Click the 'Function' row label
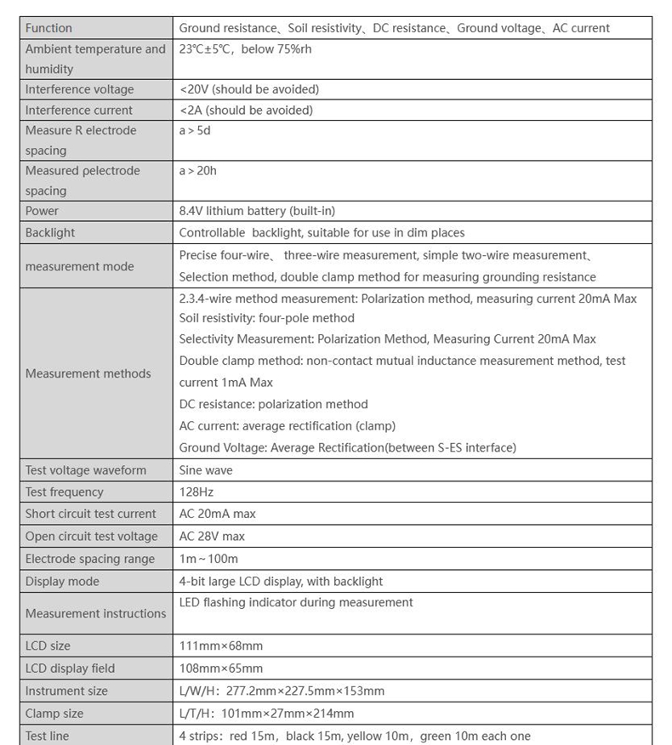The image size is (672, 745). [48, 28]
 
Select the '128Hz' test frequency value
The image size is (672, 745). [196, 492]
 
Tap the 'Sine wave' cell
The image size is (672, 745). [206, 470]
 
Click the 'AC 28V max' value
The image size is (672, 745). [212, 537]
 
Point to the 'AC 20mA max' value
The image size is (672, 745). [217, 514]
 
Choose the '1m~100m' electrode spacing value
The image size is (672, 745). [208, 559]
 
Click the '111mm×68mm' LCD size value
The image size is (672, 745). [221, 646]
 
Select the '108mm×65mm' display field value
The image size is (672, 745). [221, 668]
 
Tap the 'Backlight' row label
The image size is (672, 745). [50, 232]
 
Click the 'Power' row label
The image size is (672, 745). [42, 211]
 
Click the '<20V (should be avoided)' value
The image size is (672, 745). [249, 89]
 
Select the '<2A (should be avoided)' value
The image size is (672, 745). [246, 110]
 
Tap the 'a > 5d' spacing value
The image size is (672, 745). [195, 130]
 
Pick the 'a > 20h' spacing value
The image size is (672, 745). [198, 171]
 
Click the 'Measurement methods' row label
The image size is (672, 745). [88, 373]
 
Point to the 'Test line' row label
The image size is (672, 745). [48, 736]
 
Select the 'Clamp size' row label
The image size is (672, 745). [54, 714]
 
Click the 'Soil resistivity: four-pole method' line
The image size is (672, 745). [267, 318]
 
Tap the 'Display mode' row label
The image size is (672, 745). [62, 582]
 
